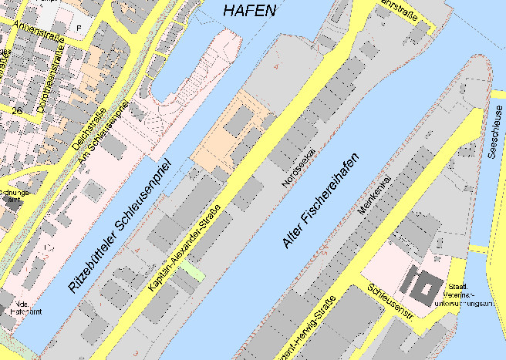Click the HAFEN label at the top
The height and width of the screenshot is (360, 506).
(x=248, y=10)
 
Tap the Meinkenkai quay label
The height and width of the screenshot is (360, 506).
(x=376, y=194)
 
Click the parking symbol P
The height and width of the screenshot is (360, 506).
(x=77, y=28)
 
